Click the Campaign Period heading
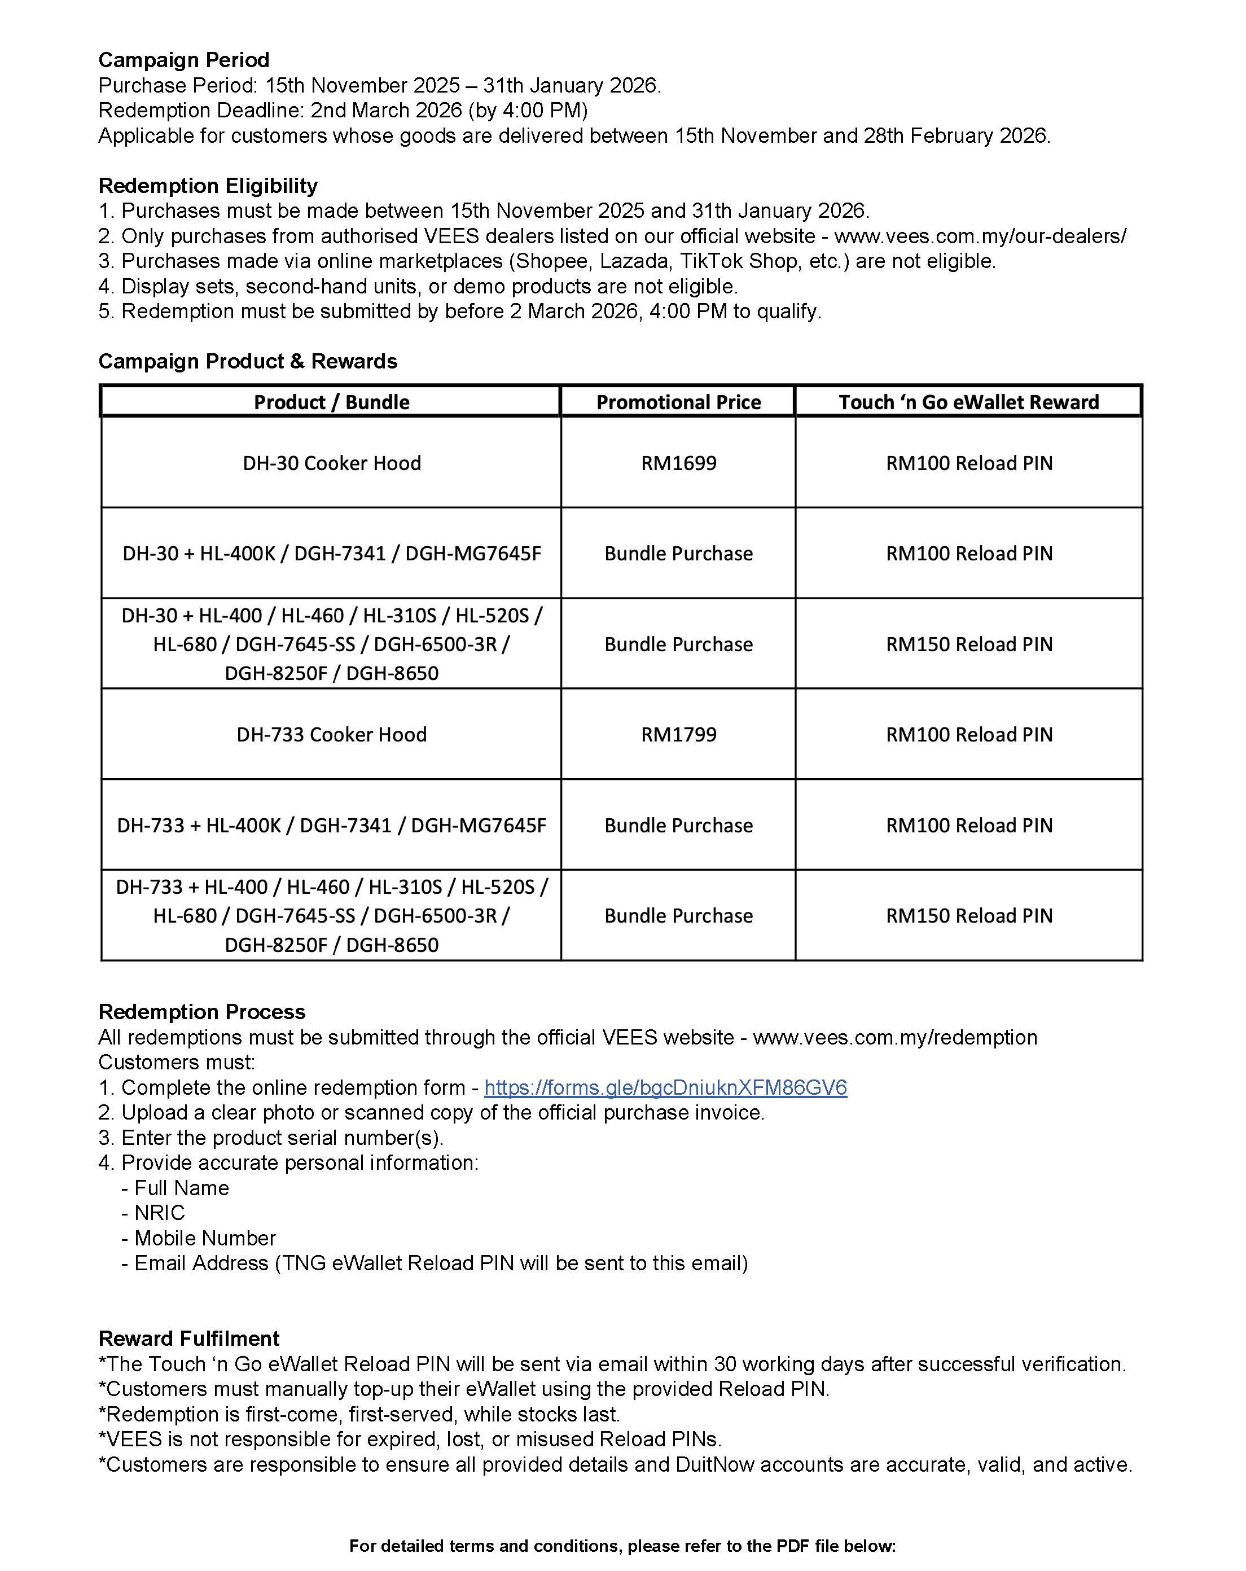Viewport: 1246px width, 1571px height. [x=183, y=60]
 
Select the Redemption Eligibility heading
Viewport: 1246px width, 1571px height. [x=208, y=186]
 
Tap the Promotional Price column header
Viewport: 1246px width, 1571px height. [x=678, y=402]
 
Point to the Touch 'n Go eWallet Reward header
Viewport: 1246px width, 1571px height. [x=968, y=402]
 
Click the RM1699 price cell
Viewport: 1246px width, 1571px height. [x=678, y=463]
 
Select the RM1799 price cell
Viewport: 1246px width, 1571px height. [x=678, y=735]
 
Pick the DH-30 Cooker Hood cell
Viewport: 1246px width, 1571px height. [x=332, y=463]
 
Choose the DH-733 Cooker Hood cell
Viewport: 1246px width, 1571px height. [x=332, y=735]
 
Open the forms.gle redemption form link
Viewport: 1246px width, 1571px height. [x=665, y=1087]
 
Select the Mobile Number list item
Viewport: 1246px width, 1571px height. [x=204, y=1238]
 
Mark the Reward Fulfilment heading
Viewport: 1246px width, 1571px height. [x=188, y=1339]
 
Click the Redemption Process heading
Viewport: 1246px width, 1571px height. [x=202, y=1012]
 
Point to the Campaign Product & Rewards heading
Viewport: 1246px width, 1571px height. [x=248, y=361]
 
